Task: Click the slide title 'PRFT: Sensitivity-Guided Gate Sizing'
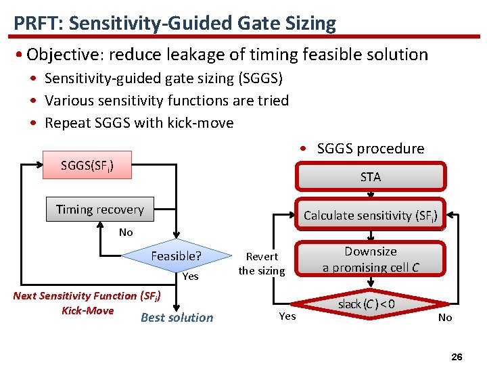(175, 24)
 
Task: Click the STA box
(370, 177)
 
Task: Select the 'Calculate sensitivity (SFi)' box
(370, 216)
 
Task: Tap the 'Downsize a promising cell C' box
(370, 259)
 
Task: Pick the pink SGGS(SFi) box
(87, 165)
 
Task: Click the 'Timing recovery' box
(99, 210)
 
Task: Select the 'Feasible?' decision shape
(175, 256)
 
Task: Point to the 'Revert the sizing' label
(262, 264)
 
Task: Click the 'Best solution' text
(177, 318)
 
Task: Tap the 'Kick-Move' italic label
(87, 310)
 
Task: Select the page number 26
(457, 356)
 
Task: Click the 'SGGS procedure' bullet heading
(370, 149)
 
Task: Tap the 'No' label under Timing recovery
(126, 233)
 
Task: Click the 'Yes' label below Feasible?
(191, 276)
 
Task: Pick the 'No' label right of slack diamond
(445, 318)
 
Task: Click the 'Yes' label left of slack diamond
(287, 316)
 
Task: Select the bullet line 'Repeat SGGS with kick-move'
(139, 123)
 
